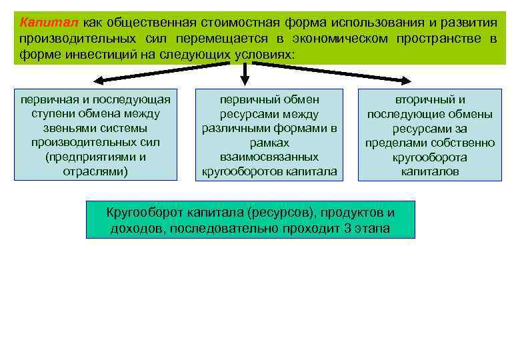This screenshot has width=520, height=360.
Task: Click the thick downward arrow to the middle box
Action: [247, 75]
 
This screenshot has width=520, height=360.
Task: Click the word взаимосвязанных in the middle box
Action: [269, 157]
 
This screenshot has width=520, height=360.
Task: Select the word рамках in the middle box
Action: [269, 143]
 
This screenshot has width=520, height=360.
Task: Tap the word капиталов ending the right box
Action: [429, 171]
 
